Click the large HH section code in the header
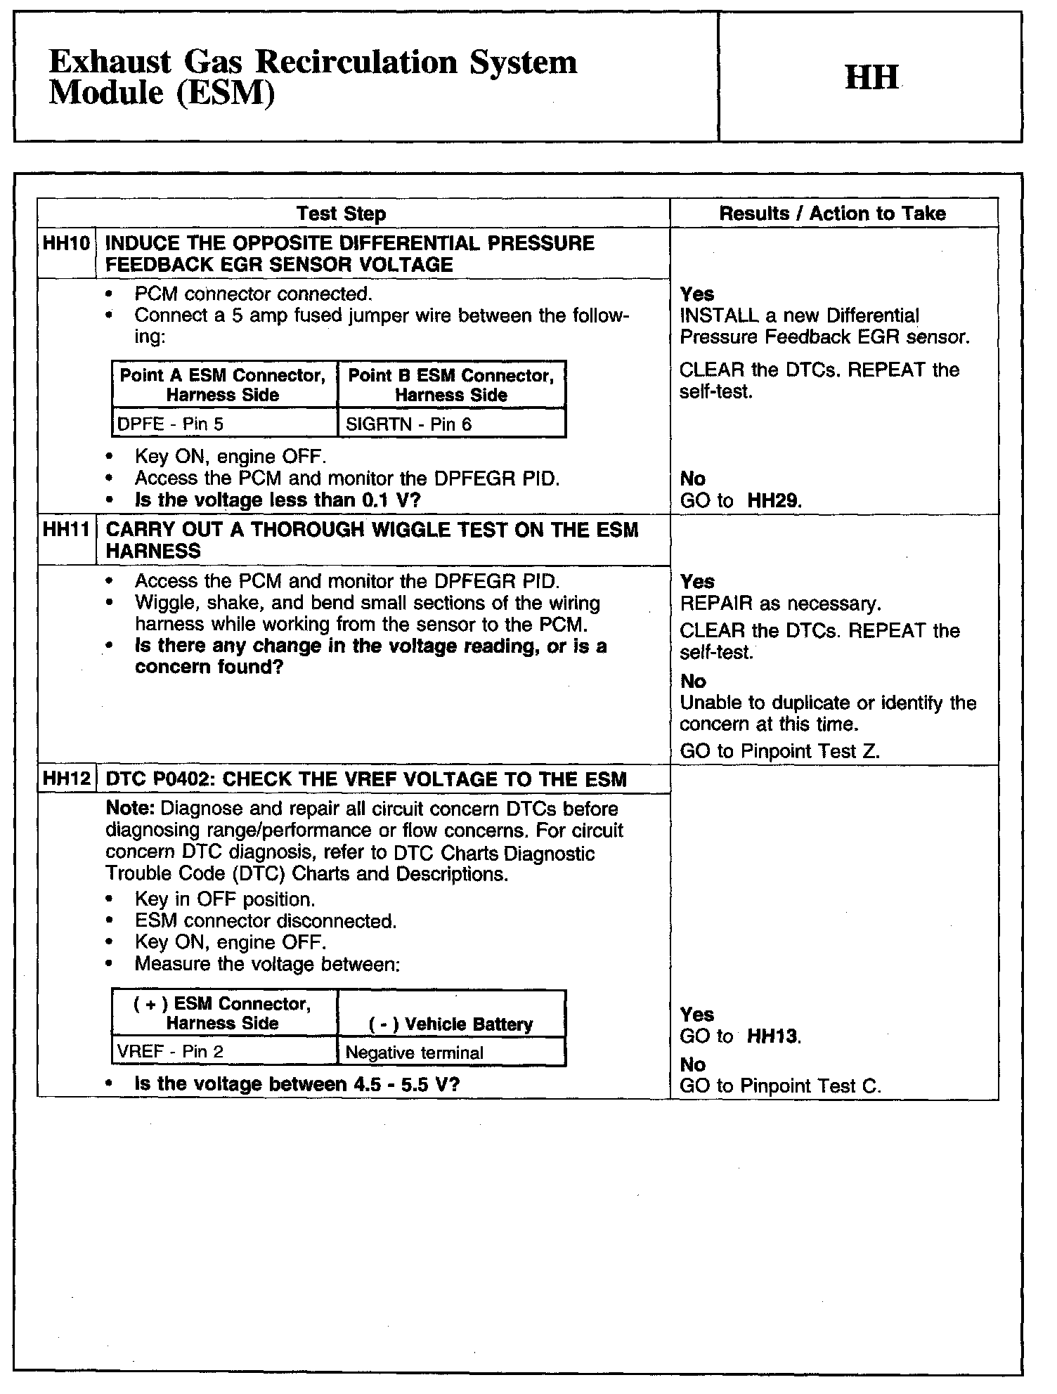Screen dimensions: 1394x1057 [871, 77]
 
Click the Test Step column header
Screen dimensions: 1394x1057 [341, 214]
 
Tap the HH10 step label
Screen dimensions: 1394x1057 [66, 244]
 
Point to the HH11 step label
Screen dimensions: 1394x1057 [66, 530]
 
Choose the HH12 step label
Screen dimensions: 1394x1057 [66, 779]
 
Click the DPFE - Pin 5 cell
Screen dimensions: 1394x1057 [171, 424]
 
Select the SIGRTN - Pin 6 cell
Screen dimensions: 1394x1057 [409, 424]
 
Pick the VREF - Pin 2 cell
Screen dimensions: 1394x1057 [170, 1052]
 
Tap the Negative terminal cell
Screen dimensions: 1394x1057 [415, 1053]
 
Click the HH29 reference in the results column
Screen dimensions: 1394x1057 [774, 501]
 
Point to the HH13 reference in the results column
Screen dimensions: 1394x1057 [772, 1036]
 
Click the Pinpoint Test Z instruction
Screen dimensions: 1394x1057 [780, 752]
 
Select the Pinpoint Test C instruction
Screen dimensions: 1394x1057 [780, 1086]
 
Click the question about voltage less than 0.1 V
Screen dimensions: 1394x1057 [278, 500]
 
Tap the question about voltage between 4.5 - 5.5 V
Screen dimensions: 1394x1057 [297, 1083]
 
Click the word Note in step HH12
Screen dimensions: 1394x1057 [125, 809]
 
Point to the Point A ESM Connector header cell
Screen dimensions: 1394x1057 [223, 384]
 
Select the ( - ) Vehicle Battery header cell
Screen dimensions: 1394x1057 [450, 1024]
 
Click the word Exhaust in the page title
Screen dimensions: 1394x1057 [110, 63]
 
